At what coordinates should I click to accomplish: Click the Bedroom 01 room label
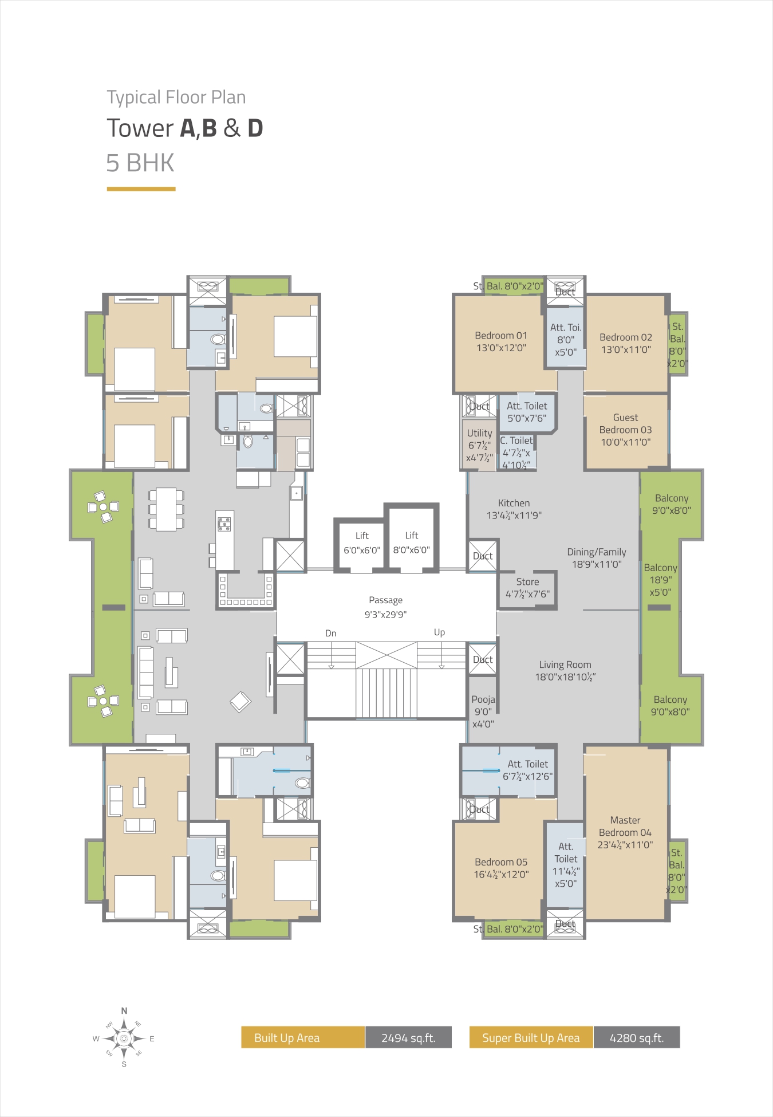tap(501, 341)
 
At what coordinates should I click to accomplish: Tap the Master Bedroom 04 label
tap(625, 832)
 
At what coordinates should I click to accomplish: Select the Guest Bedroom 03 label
tap(625, 430)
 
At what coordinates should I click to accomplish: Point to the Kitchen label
tap(514, 509)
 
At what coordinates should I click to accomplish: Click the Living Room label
tap(565, 670)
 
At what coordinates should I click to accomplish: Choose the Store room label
tap(527, 588)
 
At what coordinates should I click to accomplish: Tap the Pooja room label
tap(483, 711)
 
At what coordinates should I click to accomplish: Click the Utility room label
tap(479, 445)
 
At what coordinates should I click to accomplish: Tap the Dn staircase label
tap(330, 633)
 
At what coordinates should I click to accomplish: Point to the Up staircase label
tap(439, 632)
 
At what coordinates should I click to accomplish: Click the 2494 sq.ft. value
tap(408, 1037)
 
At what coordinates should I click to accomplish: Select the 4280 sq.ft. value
tap(637, 1037)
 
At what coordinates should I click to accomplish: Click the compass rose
tap(124, 1037)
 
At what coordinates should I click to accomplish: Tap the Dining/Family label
tap(597, 558)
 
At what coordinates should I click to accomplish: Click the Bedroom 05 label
tap(501, 868)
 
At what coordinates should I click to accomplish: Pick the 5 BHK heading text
tap(140, 163)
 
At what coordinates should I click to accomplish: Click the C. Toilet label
tap(516, 453)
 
